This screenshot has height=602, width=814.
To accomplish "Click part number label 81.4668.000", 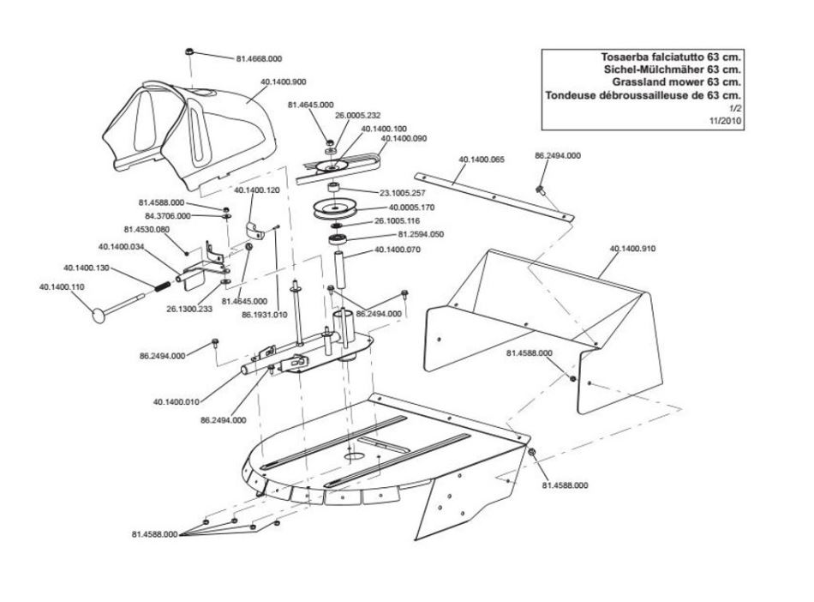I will [x=258, y=59].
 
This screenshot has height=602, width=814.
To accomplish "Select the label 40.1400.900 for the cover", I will [x=282, y=82].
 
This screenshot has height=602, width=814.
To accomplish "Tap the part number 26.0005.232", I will [x=357, y=116].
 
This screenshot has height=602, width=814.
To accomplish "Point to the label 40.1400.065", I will [x=482, y=160].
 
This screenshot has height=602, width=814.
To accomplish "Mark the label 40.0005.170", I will [x=413, y=207].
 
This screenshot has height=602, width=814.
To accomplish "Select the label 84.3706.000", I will [x=168, y=216].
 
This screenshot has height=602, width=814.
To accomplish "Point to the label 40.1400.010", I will [x=177, y=401].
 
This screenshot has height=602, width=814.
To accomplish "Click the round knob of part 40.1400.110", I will [x=97, y=310].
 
